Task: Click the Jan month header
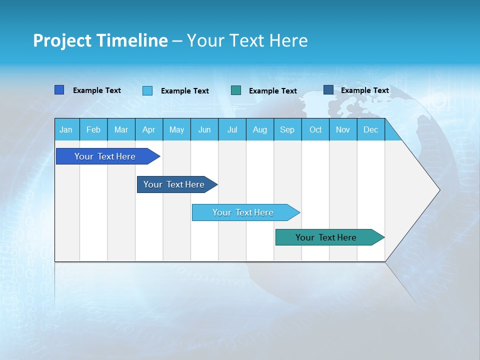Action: click(x=66, y=130)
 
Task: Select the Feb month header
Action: click(x=93, y=130)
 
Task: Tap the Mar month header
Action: click(x=121, y=130)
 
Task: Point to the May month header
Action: click(x=176, y=130)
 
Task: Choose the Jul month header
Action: click(x=232, y=130)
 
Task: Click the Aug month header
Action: click(x=260, y=130)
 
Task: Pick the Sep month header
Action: click(x=287, y=130)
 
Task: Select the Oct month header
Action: click(x=315, y=130)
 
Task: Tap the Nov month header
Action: click(x=343, y=130)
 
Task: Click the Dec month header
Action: click(x=371, y=130)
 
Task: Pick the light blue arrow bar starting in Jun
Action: click(x=243, y=212)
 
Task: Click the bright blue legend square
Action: click(x=59, y=90)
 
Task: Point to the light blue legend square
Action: click(x=147, y=90)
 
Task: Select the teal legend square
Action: click(x=236, y=90)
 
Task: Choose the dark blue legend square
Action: click(x=328, y=90)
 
